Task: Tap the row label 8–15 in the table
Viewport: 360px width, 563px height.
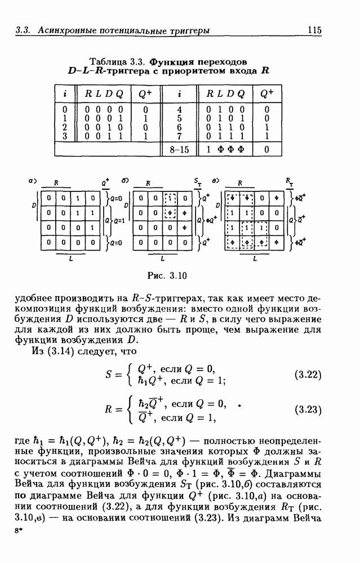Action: coord(179,150)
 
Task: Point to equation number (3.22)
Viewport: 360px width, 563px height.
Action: coord(309,374)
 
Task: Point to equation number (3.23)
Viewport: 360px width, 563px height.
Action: coord(309,410)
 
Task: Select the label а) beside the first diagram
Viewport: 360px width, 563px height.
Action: coord(33,181)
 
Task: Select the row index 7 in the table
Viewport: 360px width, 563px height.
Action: coord(179,136)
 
